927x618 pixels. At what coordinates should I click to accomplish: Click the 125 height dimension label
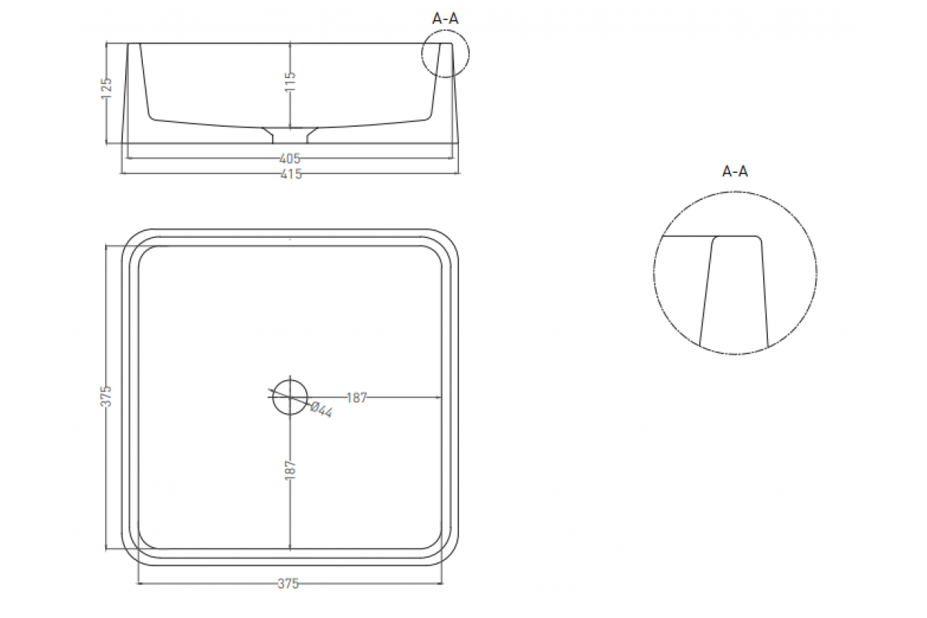click(107, 88)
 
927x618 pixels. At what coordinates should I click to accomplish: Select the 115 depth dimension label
click(290, 82)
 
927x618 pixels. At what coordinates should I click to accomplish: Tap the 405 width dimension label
click(290, 158)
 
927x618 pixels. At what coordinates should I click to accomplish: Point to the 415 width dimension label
click(291, 174)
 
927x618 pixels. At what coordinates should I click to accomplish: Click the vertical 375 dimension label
click(107, 396)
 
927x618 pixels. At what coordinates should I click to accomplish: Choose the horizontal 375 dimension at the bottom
click(288, 584)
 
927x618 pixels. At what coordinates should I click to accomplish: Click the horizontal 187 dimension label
click(357, 398)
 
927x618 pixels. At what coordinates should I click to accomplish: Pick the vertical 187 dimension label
click(290, 470)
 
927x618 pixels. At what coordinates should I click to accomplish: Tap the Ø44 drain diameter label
click(321, 409)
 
